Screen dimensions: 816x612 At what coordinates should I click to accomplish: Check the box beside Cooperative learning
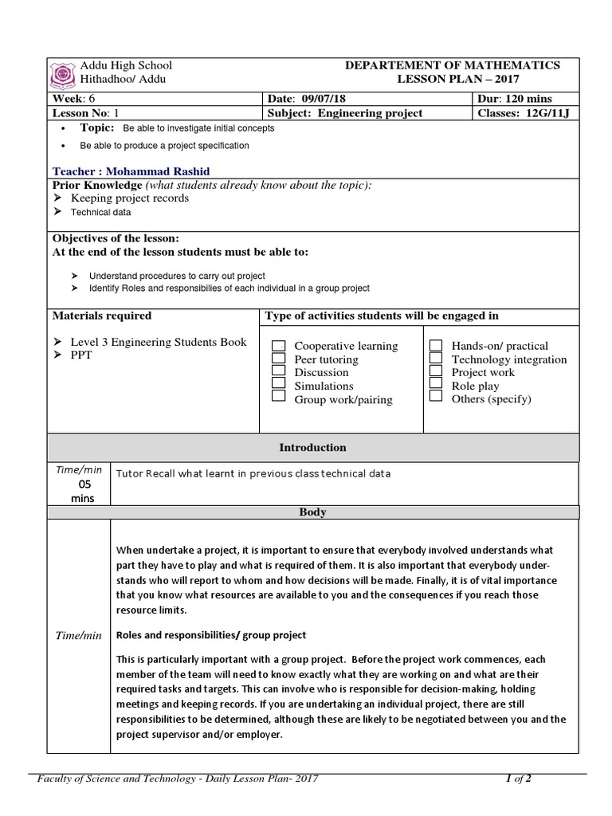coord(279,346)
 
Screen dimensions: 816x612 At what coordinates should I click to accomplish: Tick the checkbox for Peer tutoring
coord(279,359)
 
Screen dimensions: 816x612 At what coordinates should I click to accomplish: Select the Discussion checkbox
coord(279,371)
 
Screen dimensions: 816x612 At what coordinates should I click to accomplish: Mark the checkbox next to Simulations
coord(279,384)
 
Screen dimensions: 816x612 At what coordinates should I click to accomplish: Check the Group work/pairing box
coord(279,397)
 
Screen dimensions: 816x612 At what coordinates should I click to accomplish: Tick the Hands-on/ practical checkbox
coord(436,346)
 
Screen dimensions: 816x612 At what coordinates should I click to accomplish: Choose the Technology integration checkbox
coord(436,359)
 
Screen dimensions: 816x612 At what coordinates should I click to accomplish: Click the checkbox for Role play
coord(436,384)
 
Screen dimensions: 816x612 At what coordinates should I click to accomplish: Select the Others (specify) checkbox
coord(436,397)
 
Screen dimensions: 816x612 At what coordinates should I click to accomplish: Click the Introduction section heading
coord(312,448)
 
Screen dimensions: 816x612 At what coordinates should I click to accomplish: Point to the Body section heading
coord(312,512)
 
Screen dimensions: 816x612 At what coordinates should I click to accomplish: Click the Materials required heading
coord(101,316)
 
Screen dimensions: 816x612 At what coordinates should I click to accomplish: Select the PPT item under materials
coord(81,355)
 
